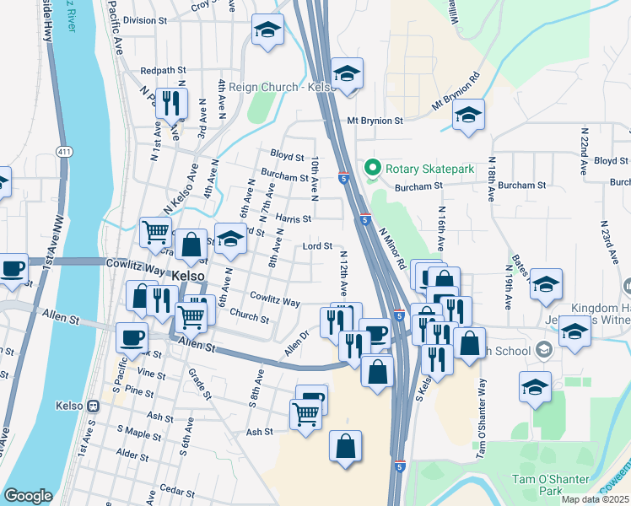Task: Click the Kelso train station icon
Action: [x=91, y=406]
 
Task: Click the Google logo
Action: [x=28, y=496]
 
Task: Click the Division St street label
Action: [x=145, y=20]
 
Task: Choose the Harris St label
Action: [x=293, y=218]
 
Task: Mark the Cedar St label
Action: [x=176, y=490]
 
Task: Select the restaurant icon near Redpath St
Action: [x=172, y=103]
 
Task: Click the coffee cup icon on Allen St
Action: [x=131, y=337]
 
